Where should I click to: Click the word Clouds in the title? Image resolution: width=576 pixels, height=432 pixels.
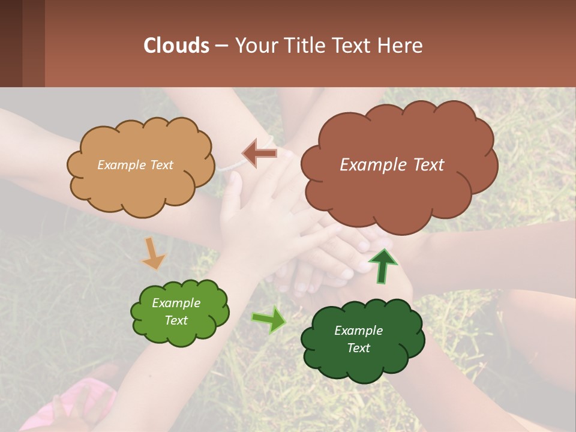(176, 46)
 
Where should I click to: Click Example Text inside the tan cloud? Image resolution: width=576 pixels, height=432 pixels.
(135, 165)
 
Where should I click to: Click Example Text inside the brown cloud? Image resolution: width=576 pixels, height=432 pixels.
(392, 165)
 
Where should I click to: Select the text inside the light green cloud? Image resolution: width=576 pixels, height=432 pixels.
(176, 311)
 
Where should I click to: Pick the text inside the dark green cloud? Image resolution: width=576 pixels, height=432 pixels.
(358, 339)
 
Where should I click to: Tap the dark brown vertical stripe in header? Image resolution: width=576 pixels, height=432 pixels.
(11, 43)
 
